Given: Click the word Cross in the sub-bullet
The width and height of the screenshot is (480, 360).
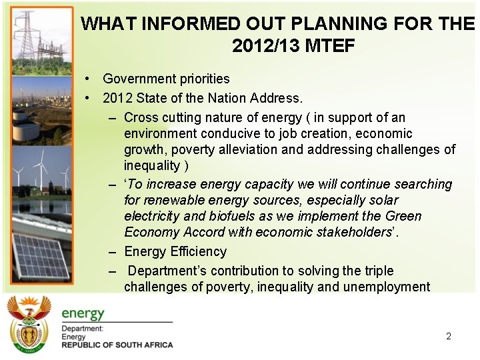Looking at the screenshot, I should click(x=141, y=117).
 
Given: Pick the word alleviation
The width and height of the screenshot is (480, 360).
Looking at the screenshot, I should click(x=286, y=149).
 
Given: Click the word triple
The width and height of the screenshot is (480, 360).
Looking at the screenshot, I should click(x=377, y=271).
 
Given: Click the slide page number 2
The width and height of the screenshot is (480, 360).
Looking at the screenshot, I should click(x=449, y=337).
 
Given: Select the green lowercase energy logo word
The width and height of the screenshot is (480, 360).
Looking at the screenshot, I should click(x=83, y=313).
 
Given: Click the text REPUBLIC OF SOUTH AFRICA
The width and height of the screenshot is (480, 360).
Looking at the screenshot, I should click(x=117, y=345).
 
